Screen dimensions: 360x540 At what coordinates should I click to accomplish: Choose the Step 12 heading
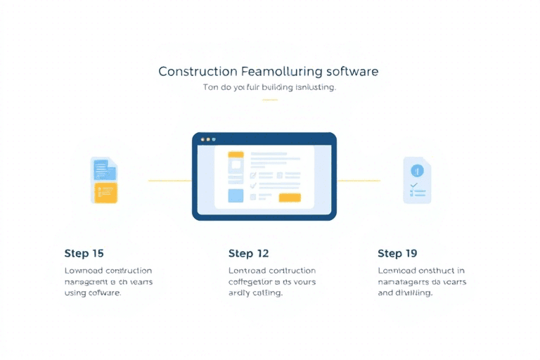point(248,253)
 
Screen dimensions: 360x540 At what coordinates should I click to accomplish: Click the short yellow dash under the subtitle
point(269,100)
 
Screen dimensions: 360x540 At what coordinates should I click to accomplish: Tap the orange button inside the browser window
point(289,198)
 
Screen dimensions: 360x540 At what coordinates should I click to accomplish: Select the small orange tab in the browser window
point(236,155)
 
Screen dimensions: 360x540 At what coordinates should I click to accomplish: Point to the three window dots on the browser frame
point(208,139)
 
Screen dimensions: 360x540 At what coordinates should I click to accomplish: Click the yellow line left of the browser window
point(169,181)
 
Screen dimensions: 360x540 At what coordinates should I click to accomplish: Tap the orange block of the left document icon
point(105,192)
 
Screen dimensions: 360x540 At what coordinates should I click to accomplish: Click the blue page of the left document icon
point(103,169)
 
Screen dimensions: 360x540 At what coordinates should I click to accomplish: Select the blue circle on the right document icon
point(417,169)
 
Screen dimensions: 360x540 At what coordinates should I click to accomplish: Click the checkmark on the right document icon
point(413,184)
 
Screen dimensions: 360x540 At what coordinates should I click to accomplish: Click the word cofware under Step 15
point(103,292)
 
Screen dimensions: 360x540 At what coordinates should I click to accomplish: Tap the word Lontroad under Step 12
point(246,270)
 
